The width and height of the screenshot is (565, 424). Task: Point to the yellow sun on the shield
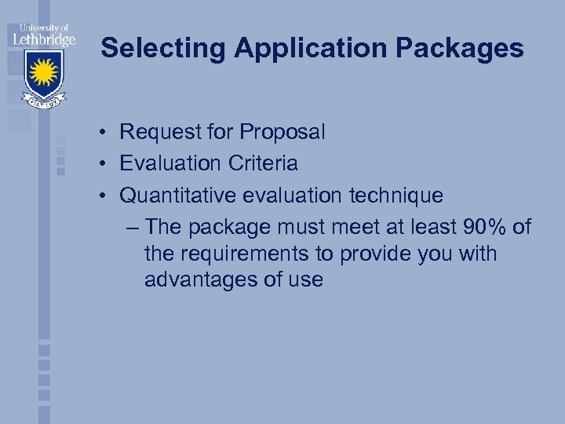(43, 73)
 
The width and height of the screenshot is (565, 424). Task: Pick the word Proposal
(286, 133)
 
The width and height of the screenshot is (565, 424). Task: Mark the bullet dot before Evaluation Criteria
(104, 164)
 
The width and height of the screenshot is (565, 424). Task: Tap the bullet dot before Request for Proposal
(104, 133)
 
